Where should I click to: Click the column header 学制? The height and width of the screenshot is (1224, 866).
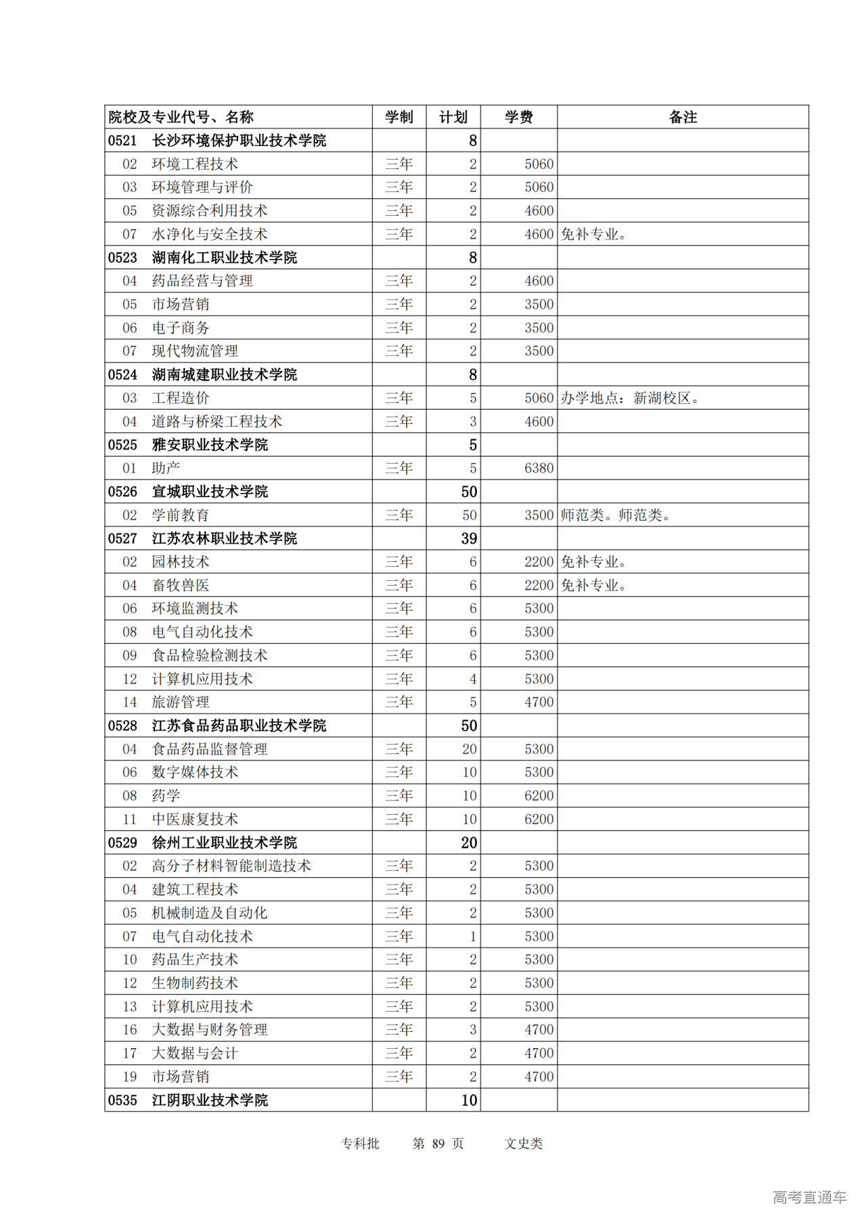click(399, 117)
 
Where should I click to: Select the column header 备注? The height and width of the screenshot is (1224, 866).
click(683, 117)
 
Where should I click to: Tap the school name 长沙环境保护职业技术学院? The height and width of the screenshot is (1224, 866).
click(239, 141)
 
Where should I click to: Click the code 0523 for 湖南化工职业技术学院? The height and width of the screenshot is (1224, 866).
click(122, 258)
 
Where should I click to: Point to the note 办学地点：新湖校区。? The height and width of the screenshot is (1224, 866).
click(630, 398)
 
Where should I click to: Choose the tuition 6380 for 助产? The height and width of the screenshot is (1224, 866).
click(539, 468)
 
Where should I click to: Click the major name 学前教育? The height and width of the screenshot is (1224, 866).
click(181, 515)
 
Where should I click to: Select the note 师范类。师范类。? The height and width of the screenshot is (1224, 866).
click(616, 515)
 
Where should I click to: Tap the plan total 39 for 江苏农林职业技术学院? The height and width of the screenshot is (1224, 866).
click(469, 538)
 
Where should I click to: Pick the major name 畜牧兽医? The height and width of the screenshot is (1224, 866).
click(181, 585)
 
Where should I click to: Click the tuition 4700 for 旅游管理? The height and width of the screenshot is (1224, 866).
click(539, 702)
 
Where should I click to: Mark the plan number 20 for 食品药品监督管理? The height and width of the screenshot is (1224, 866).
click(470, 749)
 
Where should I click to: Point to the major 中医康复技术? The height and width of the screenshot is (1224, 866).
click(195, 819)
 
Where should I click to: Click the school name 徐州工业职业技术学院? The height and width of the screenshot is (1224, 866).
click(225, 843)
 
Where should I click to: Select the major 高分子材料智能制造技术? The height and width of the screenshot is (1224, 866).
click(231, 866)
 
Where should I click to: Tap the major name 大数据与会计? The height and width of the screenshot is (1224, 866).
click(195, 1053)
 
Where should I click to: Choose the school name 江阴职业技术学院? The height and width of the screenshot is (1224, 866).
click(210, 1100)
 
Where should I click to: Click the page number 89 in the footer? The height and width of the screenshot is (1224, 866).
click(438, 1144)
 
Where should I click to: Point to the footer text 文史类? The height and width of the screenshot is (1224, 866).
click(524, 1144)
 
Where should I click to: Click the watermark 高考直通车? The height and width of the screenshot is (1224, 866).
click(809, 1198)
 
